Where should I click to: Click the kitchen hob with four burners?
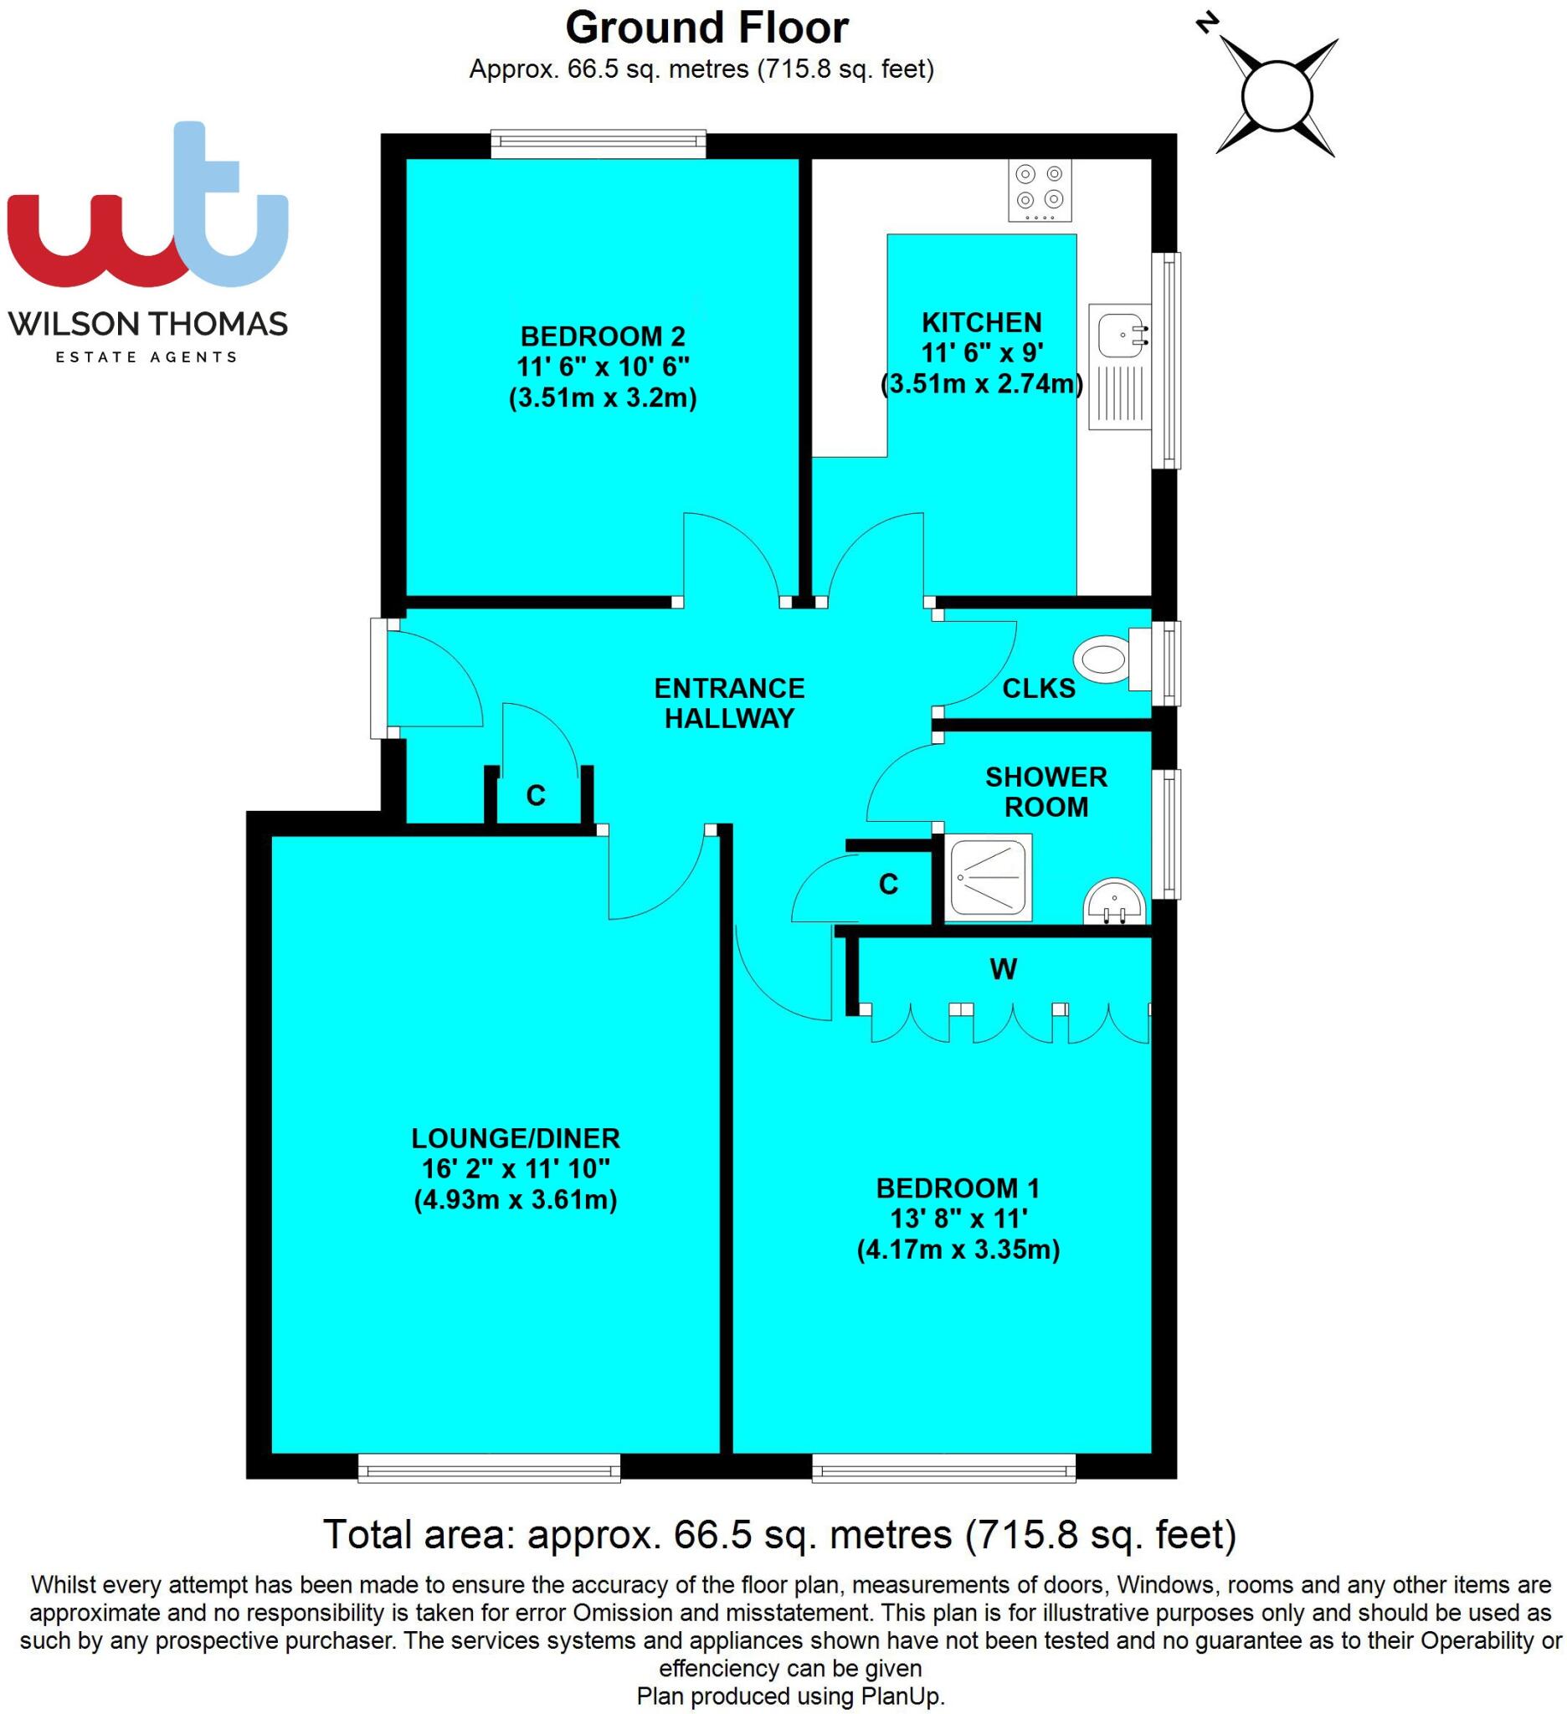tap(1039, 191)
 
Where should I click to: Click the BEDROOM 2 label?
tap(602, 336)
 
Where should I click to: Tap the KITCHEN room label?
tap(981, 323)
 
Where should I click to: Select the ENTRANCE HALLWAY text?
tap(728, 702)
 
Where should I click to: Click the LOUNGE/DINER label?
tap(516, 1137)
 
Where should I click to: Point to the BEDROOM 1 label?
tap(958, 1188)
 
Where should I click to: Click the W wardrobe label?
tap(1004, 968)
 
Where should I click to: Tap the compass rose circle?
tap(1277, 96)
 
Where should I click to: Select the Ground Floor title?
tap(706, 28)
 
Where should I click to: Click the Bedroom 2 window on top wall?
tap(598, 143)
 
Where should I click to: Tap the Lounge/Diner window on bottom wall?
tap(488, 1467)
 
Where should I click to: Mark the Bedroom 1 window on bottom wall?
tap(943, 1467)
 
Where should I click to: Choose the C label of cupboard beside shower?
tap(887, 885)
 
